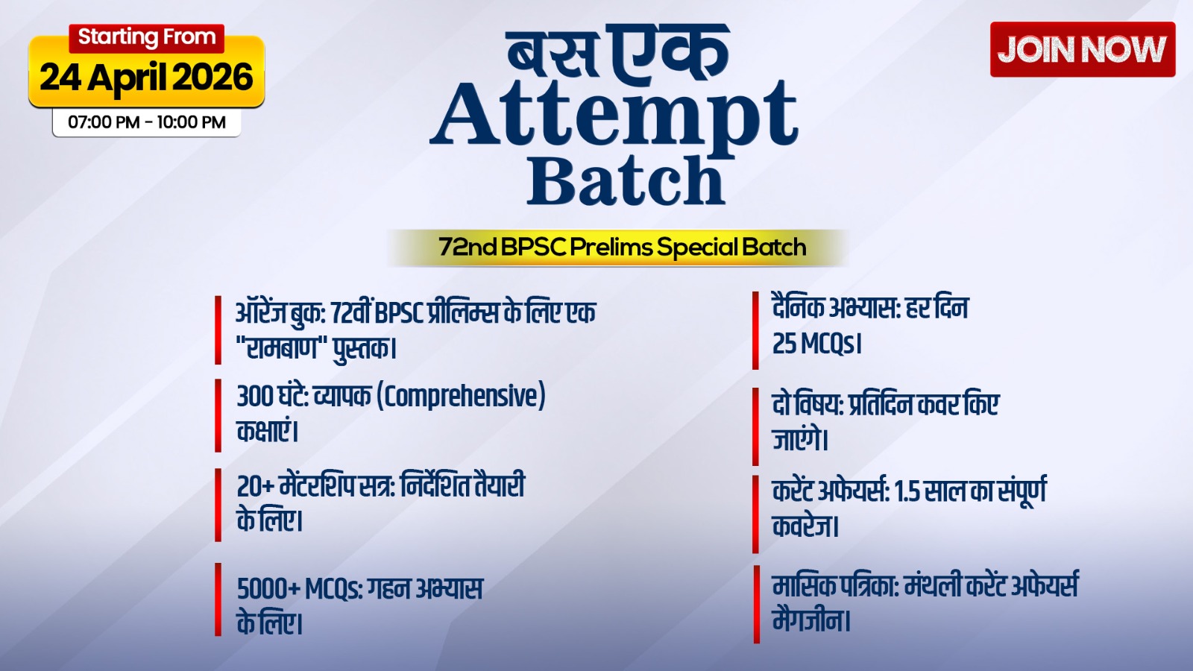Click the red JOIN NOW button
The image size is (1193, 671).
click(x=1082, y=50)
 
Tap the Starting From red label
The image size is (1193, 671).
click(x=147, y=37)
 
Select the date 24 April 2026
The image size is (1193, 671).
click(x=146, y=78)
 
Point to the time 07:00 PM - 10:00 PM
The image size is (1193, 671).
click(x=147, y=122)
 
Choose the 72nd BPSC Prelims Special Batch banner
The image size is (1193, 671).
click(x=622, y=248)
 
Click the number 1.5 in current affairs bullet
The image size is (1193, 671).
click(x=906, y=491)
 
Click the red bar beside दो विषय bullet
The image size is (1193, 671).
click(x=755, y=426)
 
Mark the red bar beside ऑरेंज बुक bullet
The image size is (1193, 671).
click(x=218, y=330)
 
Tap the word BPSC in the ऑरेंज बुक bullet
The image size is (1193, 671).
click(x=399, y=312)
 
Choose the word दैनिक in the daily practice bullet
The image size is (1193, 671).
click(x=799, y=307)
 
